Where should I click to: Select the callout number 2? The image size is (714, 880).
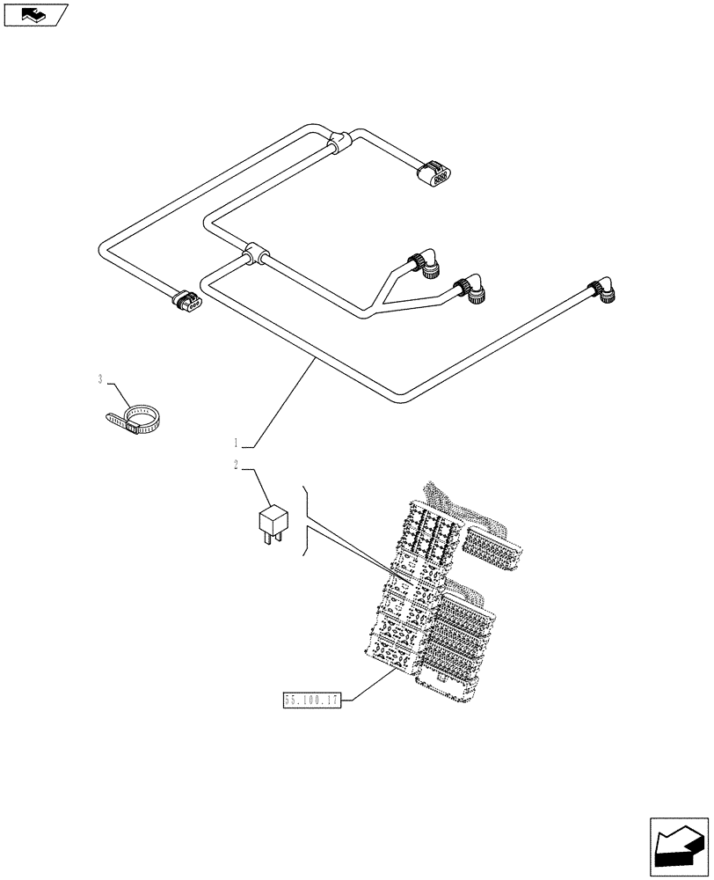click(237, 466)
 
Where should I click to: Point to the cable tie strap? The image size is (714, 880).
click(137, 420)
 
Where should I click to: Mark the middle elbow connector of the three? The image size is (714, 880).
click(470, 290)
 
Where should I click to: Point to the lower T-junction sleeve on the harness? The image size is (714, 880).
click(254, 255)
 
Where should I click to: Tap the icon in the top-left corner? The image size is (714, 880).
click(35, 14)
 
